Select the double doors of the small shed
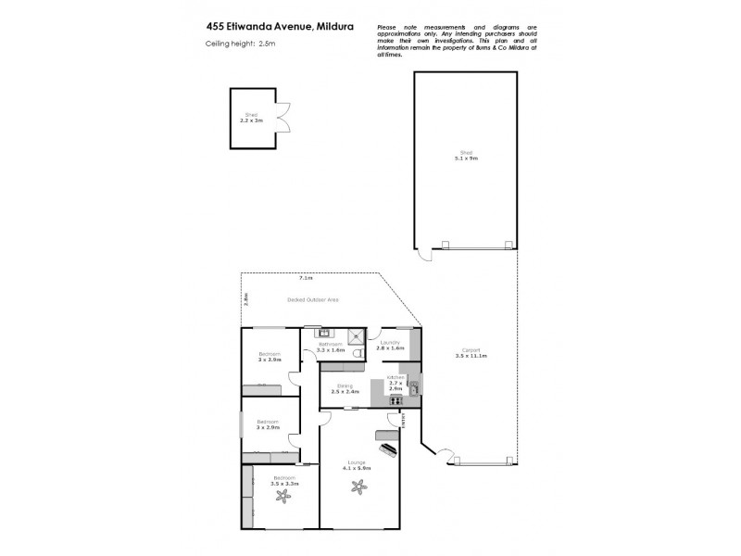[284, 117]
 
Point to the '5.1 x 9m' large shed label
[466, 158]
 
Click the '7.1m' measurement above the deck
[305, 278]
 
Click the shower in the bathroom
[357, 336]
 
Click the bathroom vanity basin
[324, 333]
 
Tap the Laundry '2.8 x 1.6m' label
[390, 347]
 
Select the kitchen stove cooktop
[396, 399]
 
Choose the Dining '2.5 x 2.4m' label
[345, 389]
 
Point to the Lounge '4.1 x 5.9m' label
[357, 465]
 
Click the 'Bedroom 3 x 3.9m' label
[270, 358]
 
